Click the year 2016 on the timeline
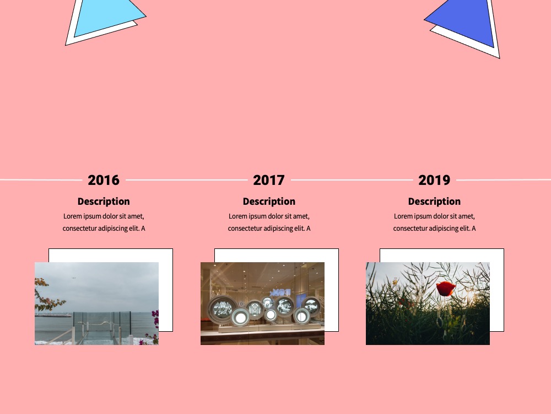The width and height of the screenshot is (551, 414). coord(104,181)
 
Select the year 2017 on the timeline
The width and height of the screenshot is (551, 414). coord(269,181)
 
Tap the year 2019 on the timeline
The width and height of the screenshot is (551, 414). coord(434,181)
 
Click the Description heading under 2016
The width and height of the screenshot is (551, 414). coord(104,201)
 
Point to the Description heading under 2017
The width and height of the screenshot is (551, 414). coord(269,201)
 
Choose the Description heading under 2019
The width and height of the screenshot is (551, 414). coord(434,201)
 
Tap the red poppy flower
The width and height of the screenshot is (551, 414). coord(446,288)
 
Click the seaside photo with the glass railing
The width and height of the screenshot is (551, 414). coord(96,304)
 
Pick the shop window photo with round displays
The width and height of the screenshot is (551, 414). coord(262,304)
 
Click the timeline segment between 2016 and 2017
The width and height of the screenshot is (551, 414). coord(187,180)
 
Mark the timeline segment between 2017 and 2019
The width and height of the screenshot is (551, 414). coord(352,180)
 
